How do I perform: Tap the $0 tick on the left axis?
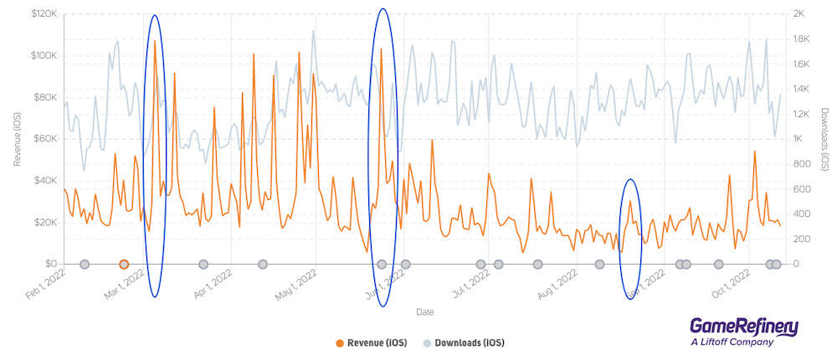[x=52, y=264]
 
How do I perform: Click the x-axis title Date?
[x=425, y=312]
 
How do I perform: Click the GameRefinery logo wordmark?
[x=743, y=327]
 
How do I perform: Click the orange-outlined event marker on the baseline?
[x=124, y=265]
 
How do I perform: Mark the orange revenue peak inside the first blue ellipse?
[x=155, y=42]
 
